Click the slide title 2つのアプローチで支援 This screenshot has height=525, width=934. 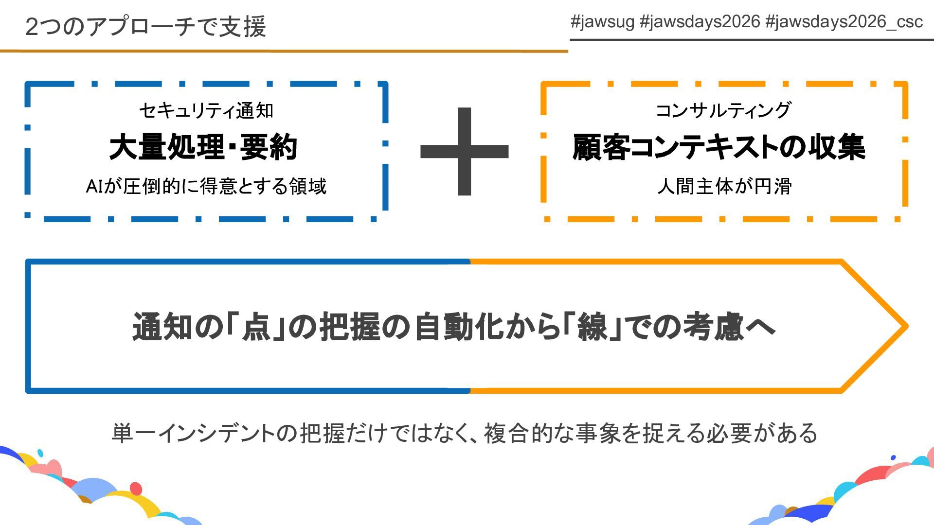[x=145, y=26]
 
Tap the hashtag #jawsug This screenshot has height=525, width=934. [x=602, y=22]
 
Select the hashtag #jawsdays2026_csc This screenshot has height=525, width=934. [x=844, y=22]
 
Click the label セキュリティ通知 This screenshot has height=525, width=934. [x=206, y=111]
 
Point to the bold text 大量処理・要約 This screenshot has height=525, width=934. [x=203, y=147]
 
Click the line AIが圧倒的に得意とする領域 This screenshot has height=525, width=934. [x=206, y=186]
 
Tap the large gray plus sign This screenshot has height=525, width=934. [x=464, y=151]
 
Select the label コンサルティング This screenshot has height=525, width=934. [x=723, y=110]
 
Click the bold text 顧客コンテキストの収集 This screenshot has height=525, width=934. [x=719, y=147]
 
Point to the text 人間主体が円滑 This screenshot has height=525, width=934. [x=724, y=186]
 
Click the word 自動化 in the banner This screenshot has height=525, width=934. [x=459, y=327]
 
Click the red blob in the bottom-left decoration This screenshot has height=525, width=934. [x=136, y=488]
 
